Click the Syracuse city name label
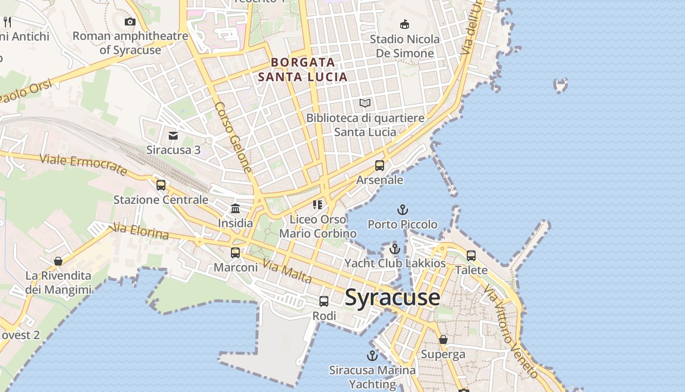392,297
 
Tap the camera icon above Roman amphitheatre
130,22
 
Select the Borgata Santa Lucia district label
303,70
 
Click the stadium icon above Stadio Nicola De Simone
405,24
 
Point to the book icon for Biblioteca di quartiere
365,103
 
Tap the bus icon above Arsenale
380,166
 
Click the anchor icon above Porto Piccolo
402,210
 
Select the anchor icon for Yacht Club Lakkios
395,249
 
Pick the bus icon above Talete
471,256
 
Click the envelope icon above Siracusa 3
173,136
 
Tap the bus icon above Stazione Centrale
161,185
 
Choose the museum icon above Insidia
235,209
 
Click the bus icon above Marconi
235,253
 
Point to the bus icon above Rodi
324,301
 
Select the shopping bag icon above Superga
443,340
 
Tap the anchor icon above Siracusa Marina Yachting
372,356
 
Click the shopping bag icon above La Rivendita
58,261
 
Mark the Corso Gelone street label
234,138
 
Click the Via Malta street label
287,272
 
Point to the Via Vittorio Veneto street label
511,333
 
